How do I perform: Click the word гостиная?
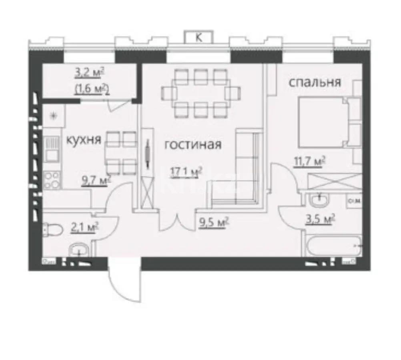click(x=193, y=144)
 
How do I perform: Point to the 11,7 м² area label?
click(x=309, y=162)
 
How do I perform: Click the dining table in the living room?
click(x=196, y=93)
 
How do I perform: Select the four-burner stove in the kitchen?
click(x=52, y=180)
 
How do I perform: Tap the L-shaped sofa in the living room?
click(x=240, y=176)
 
